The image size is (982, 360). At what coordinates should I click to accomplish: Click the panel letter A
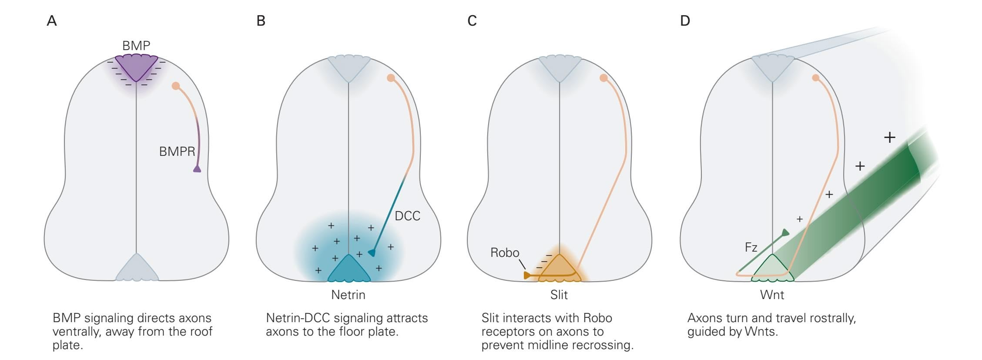[52, 21]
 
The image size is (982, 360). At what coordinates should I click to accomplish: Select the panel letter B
[261, 21]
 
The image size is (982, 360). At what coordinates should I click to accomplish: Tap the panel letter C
[472, 21]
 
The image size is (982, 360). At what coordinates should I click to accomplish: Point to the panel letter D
[685, 21]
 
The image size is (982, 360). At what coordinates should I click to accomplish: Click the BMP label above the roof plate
[136, 45]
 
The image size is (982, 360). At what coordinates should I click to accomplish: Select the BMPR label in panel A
[177, 151]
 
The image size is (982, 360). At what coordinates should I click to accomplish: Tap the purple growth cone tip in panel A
[197, 169]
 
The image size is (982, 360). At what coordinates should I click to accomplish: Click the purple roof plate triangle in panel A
[136, 66]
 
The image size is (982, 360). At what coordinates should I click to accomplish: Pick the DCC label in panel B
[407, 216]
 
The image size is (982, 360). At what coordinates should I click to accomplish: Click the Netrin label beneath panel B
[348, 295]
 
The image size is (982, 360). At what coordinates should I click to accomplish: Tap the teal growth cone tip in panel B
[372, 252]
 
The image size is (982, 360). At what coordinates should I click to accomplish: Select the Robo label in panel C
[505, 252]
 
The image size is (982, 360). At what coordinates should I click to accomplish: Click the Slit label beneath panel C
[559, 295]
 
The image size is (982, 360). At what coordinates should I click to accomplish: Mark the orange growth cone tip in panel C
[527, 275]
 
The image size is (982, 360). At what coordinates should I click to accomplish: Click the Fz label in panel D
[751, 248]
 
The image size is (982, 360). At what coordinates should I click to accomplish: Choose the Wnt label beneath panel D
[772, 295]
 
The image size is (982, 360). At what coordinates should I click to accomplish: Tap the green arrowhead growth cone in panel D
[785, 232]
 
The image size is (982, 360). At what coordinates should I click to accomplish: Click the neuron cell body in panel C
[603, 78]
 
